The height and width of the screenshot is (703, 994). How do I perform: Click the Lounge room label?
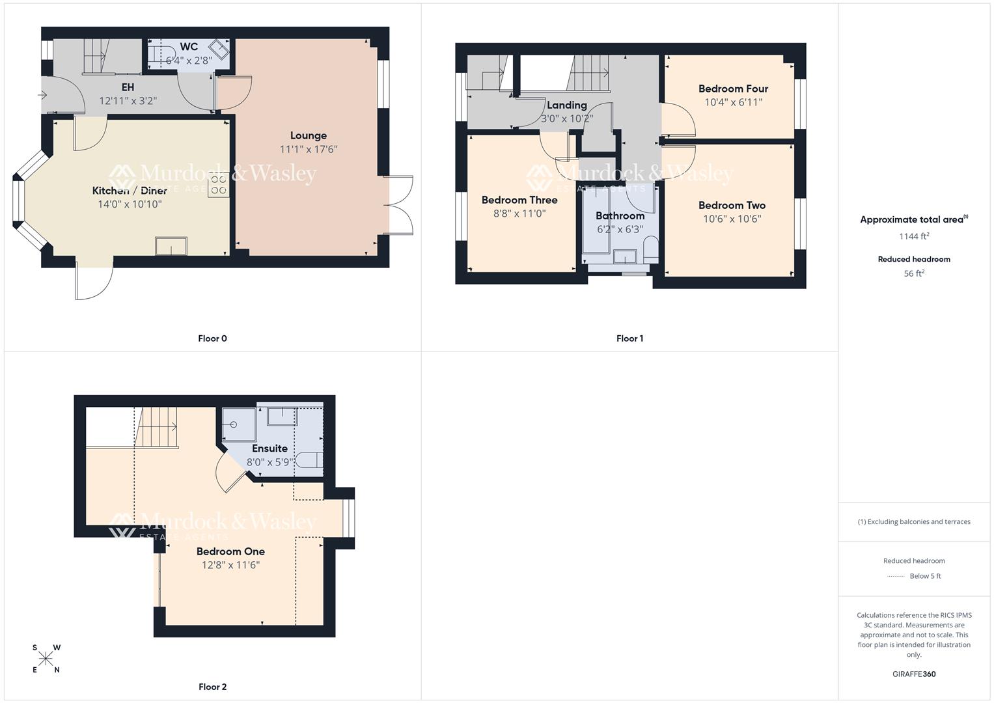(309, 135)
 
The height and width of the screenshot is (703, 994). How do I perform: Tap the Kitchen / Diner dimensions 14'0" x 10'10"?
(130, 204)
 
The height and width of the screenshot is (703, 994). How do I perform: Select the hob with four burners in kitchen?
(219, 185)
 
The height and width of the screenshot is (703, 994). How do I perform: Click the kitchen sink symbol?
(171, 246)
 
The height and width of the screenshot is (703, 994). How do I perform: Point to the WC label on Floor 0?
(189, 47)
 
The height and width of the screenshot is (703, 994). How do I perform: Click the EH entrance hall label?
(128, 87)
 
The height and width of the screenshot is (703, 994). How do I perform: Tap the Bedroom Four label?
(733, 89)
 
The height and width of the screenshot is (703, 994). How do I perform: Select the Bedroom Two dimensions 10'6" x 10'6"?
(732, 219)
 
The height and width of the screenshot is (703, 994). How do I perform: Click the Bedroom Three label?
(519, 200)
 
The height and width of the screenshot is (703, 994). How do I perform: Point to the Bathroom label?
(620, 215)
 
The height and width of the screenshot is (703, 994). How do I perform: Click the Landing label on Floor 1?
(566, 105)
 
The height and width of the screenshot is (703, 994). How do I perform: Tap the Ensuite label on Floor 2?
(269, 448)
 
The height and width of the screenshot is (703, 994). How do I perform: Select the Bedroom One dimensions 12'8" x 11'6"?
(230, 565)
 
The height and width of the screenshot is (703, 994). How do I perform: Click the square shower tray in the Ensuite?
(239, 424)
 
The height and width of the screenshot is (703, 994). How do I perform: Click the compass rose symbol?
(46, 659)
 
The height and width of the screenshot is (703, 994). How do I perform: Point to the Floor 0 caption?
(212, 338)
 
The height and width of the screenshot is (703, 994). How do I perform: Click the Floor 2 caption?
(212, 687)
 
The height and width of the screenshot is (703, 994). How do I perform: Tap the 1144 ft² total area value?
(914, 236)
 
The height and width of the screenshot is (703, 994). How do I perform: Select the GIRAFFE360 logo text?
(914, 674)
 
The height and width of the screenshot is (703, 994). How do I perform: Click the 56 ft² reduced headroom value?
(914, 273)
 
